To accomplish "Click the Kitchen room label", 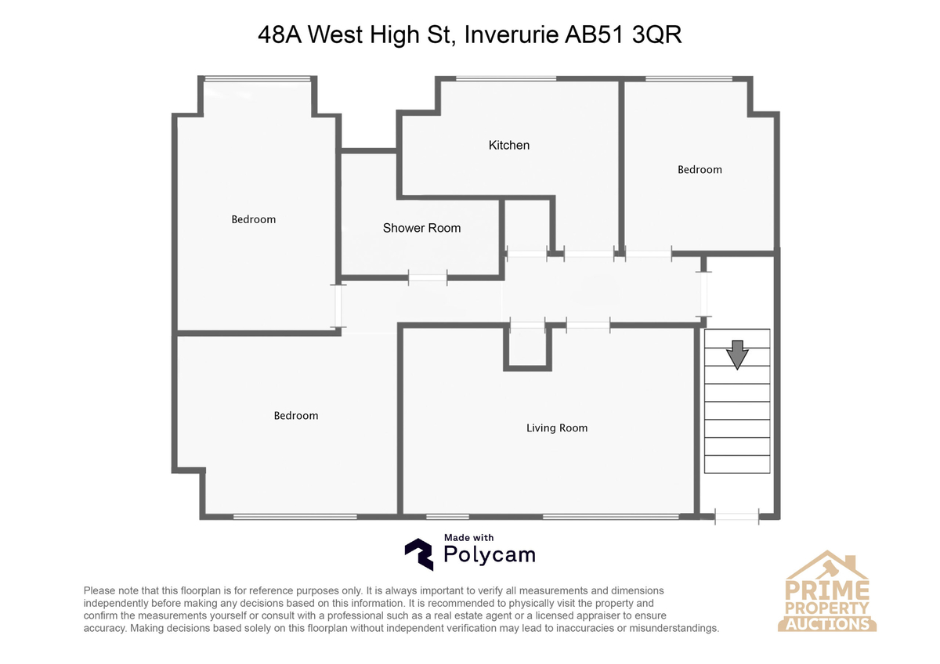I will pos(509,145).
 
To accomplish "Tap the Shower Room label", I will pos(421,228).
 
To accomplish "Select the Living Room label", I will pos(556,428).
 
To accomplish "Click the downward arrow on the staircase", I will pos(736,354).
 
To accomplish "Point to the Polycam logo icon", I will pos(418,554).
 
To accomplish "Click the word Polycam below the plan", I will pos(490,555).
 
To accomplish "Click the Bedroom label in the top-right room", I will pos(700,169).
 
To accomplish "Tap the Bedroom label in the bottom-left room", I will pos(295,415).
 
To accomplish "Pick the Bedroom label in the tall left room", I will pos(253,219).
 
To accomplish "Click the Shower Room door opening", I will pos(428,277).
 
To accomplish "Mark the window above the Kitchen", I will pos(506,78).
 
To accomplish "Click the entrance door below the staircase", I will pos(737,515).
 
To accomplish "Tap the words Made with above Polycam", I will pos(468,537).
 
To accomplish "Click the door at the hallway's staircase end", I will pos(704,294).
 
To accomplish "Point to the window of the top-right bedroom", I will pos(689,78).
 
